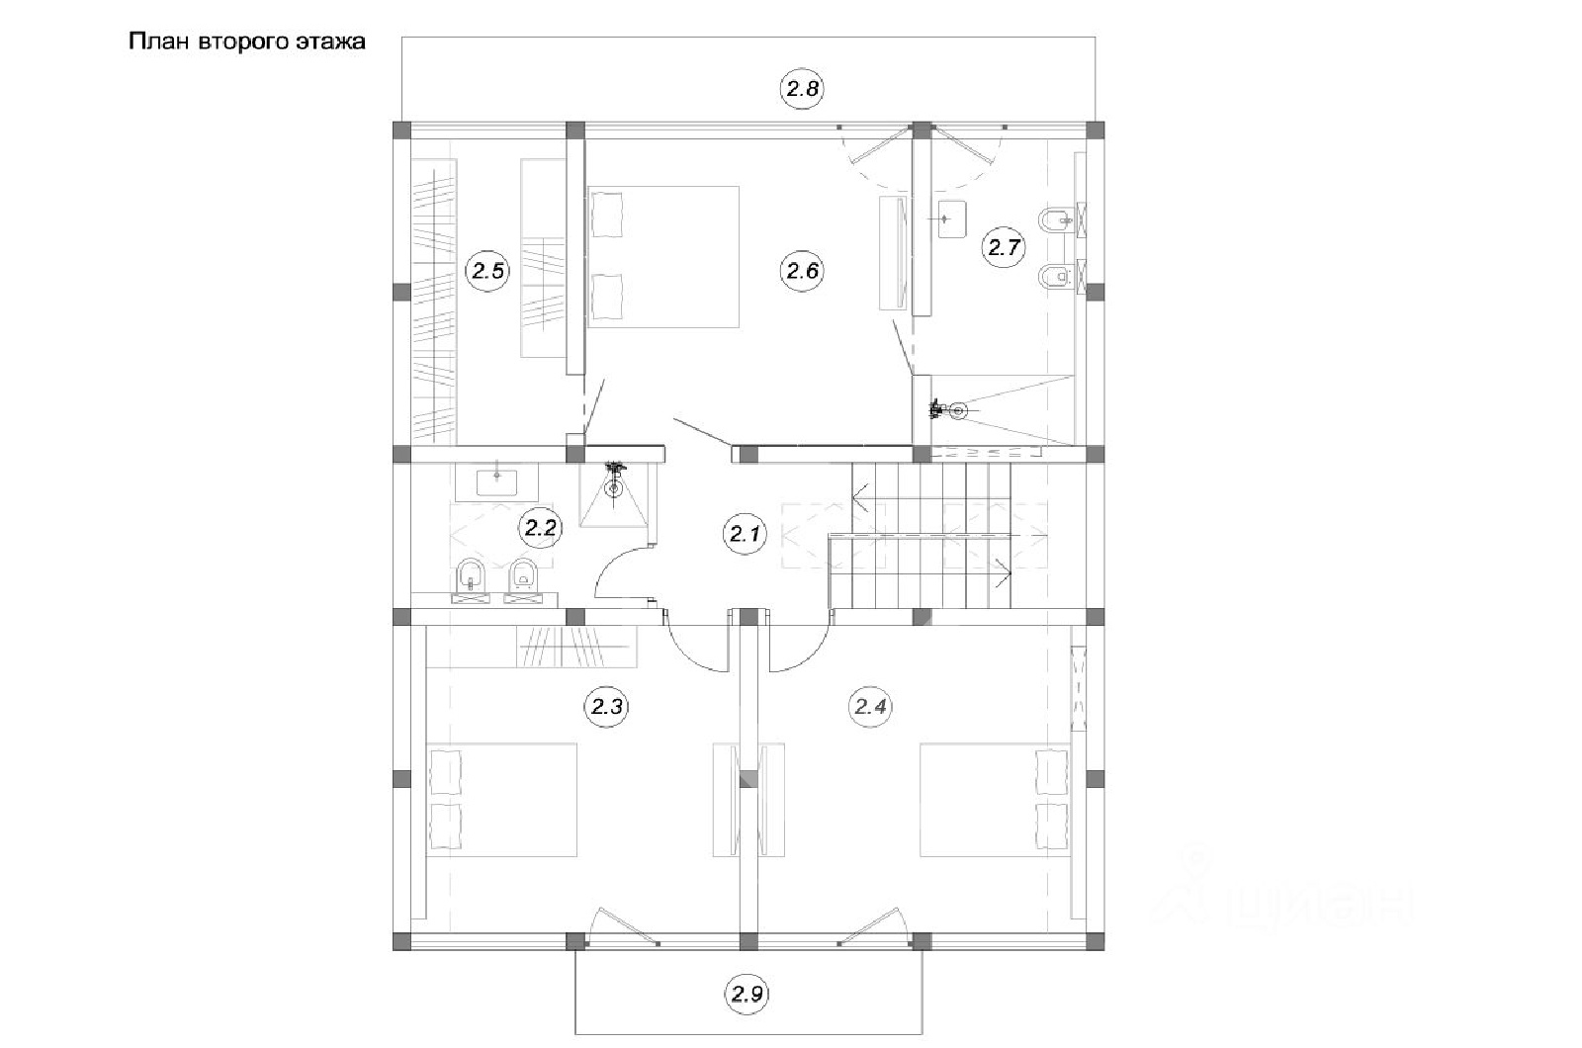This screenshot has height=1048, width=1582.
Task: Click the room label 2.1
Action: (745, 534)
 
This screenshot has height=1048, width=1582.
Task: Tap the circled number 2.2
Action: (540, 528)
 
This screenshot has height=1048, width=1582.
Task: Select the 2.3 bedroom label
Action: (606, 706)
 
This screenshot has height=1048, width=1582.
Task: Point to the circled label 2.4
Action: (870, 706)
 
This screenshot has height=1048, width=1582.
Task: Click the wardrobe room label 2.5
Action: (487, 271)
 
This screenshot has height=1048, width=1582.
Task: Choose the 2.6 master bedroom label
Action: (802, 271)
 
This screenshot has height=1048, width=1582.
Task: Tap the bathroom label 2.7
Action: (1005, 247)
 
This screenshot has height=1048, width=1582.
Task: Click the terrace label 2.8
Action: (802, 88)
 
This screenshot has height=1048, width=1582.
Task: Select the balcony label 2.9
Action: (747, 995)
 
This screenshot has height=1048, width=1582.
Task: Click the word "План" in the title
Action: (159, 42)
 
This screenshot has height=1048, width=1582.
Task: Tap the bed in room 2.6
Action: (663, 257)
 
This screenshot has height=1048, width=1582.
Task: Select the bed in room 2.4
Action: (995, 800)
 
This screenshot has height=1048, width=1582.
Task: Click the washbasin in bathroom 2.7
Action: (951, 219)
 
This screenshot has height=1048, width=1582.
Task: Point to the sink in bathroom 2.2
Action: (496, 483)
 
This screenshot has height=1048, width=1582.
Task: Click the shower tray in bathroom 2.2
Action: (614, 495)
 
